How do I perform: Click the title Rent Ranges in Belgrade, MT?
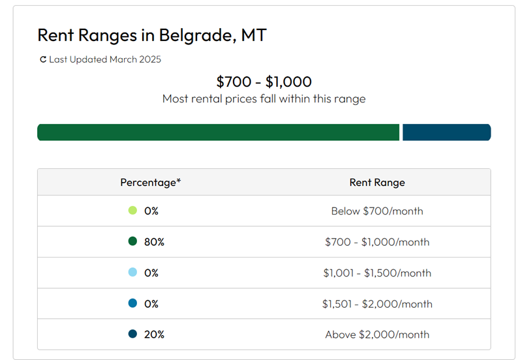pyautogui.click(x=151, y=35)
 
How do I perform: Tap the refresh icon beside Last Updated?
pyautogui.click(x=43, y=60)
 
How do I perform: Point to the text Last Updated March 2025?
pyautogui.click(x=105, y=60)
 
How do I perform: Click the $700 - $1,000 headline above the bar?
pyautogui.click(x=264, y=82)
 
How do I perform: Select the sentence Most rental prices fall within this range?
pyautogui.click(x=264, y=99)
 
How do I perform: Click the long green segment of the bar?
pyautogui.click(x=218, y=132)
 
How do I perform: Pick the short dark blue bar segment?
pyautogui.click(x=446, y=132)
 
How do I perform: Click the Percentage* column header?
pyautogui.click(x=151, y=183)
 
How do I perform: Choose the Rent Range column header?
pyautogui.click(x=377, y=183)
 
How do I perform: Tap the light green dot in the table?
pyautogui.click(x=133, y=211)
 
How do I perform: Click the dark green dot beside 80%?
pyautogui.click(x=133, y=242)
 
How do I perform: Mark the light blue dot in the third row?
pyautogui.click(x=133, y=273)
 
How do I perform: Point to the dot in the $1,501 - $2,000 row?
pyautogui.click(x=133, y=303)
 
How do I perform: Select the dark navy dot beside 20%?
pyautogui.click(x=133, y=335)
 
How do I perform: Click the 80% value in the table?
pyautogui.click(x=155, y=242)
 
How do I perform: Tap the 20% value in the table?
pyautogui.click(x=155, y=335)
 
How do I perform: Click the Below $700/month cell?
pyautogui.click(x=377, y=211)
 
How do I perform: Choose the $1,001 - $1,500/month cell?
pyautogui.click(x=377, y=273)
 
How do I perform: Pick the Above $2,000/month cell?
pyautogui.click(x=377, y=335)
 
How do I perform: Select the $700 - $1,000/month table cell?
pyautogui.click(x=377, y=242)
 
